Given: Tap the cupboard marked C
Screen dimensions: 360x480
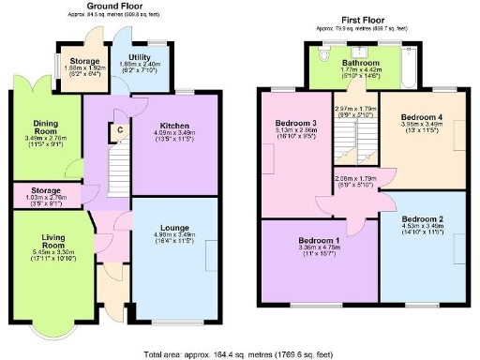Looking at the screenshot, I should point(119,130).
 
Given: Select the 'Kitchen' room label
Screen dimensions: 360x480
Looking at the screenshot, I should point(175,126).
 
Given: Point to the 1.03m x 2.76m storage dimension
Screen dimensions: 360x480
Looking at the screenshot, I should point(45,198).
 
